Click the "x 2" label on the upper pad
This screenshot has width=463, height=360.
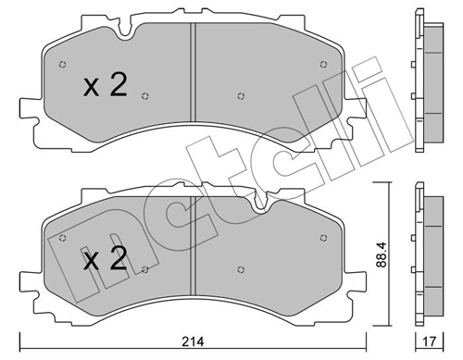point(105,86)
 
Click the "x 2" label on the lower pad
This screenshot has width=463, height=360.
point(105,260)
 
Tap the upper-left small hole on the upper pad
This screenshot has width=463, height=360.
point(62,65)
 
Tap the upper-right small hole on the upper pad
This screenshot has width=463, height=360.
point(320,65)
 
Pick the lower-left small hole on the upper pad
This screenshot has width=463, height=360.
point(145,95)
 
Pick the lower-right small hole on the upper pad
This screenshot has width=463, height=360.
point(239,95)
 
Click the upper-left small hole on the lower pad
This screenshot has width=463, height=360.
point(62,237)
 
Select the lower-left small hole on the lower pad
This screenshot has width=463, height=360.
point(145,269)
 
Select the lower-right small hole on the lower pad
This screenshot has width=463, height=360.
point(239,269)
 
